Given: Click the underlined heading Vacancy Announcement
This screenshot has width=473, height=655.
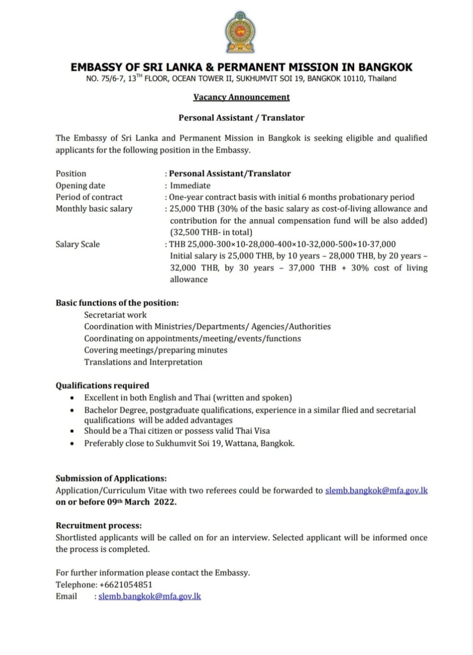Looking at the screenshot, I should [241, 97].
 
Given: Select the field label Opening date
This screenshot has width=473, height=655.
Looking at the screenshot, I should [80, 185].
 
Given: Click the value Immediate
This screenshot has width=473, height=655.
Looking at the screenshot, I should [190, 185].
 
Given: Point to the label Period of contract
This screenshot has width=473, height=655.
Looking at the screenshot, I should [89, 197].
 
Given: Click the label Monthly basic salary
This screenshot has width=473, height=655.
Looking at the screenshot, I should [94, 209].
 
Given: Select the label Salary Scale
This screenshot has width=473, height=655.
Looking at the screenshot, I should [77, 244].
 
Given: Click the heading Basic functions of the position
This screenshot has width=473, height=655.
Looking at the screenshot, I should [117, 303].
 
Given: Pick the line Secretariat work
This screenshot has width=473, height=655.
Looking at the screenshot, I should [115, 314].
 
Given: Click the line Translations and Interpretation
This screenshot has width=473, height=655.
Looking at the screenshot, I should [143, 362].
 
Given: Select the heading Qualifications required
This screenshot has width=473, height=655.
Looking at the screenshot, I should [102, 385].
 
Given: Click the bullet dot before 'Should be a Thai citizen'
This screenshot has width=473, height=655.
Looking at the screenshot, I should [72, 431].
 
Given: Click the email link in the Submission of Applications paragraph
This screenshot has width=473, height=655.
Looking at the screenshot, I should [376, 490].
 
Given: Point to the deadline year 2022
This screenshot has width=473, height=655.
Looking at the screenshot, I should [165, 502].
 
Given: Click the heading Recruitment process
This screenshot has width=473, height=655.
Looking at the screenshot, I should [98, 526].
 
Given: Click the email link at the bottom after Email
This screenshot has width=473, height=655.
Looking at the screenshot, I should [150, 596].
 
